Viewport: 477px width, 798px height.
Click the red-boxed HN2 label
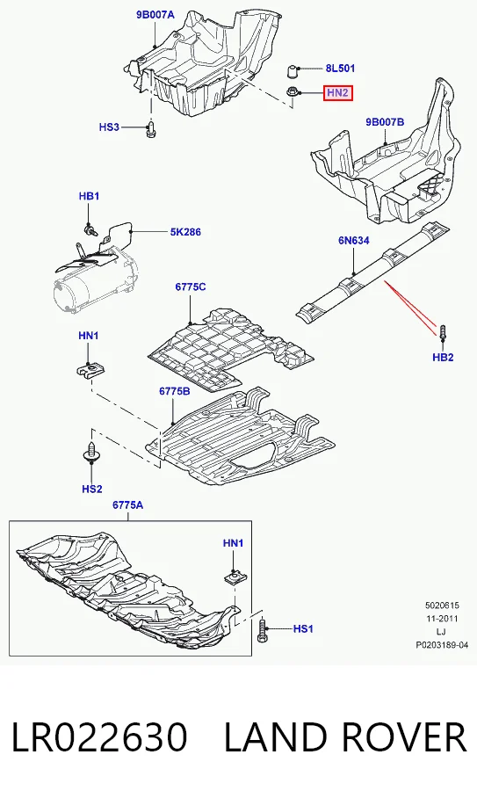(337, 92)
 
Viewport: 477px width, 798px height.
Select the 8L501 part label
(340, 69)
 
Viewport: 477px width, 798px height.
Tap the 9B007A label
(155, 15)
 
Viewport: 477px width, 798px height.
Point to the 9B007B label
(385, 121)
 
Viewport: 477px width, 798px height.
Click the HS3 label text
(109, 127)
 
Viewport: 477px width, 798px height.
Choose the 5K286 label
(185, 231)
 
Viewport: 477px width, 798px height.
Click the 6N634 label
(354, 240)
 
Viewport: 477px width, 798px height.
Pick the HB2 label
(443, 358)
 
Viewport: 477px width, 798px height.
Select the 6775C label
(191, 287)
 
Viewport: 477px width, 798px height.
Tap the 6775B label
(175, 391)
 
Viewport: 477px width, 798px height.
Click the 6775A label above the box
(127, 504)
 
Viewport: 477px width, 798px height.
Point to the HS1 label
(303, 629)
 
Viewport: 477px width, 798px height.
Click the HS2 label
(92, 489)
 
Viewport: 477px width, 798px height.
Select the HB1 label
(89, 196)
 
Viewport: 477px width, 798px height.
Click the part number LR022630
(99, 737)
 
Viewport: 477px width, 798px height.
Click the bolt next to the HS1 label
(263, 628)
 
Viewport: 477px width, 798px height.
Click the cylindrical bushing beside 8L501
(293, 70)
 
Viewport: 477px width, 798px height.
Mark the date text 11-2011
(442, 619)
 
